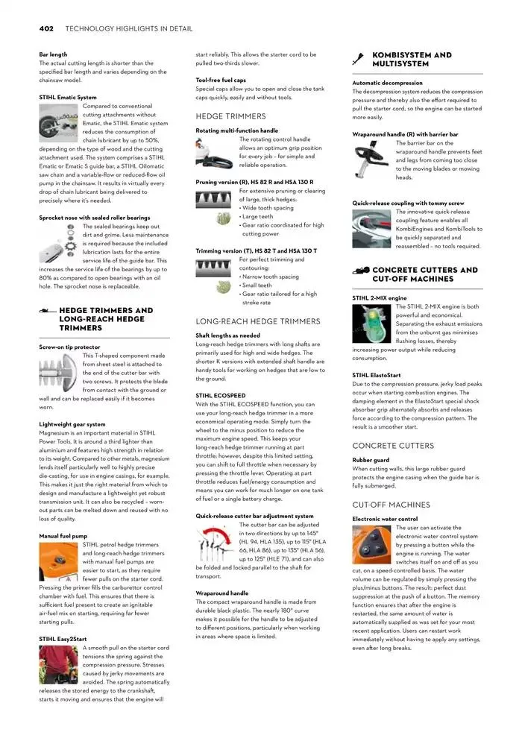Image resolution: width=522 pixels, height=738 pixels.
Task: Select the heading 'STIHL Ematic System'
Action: (x=67, y=97)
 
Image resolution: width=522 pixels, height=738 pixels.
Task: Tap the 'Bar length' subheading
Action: (x=53, y=54)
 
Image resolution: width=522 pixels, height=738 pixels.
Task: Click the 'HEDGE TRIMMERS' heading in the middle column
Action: (x=230, y=116)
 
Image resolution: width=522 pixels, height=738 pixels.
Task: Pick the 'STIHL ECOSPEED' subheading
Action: (x=221, y=394)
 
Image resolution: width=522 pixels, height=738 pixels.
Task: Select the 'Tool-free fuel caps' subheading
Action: (x=221, y=80)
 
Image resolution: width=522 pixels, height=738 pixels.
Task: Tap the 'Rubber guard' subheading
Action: (x=371, y=460)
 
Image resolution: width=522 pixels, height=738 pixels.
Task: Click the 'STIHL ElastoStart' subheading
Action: (x=378, y=375)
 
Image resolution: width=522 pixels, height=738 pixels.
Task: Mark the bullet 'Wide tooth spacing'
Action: (x=268, y=208)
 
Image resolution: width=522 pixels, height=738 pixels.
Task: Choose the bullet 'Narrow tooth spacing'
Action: (x=270, y=277)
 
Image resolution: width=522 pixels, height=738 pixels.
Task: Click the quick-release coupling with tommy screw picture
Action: (x=372, y=227)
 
